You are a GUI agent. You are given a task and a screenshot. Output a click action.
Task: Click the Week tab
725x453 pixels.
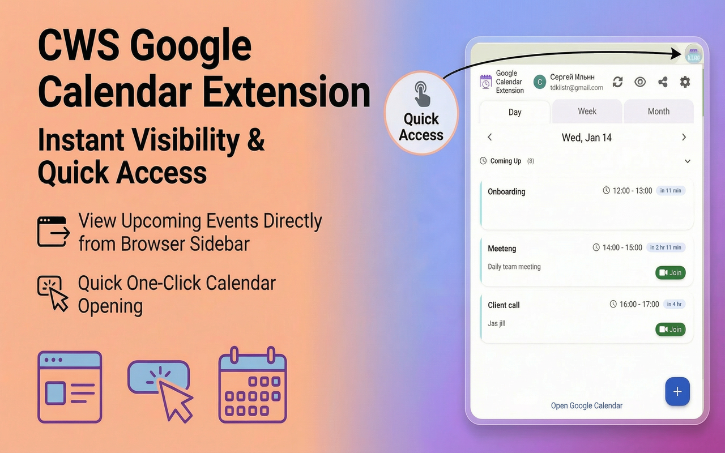(587, 112)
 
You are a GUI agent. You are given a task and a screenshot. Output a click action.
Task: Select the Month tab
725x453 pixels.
(658, 112)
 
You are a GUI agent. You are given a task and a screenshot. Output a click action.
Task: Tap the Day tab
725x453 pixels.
(514, 112)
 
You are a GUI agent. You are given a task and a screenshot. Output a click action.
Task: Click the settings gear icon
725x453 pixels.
(685, 82)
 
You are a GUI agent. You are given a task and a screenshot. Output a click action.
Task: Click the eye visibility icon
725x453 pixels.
(640, 82)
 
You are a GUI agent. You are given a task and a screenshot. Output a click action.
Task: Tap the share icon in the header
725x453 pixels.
(663, 82)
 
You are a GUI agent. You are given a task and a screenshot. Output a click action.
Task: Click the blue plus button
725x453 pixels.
(677, 391)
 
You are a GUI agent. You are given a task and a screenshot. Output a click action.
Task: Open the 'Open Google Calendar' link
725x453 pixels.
(586, 405)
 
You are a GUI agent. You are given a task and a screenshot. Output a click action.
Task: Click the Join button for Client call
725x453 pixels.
(671, 330)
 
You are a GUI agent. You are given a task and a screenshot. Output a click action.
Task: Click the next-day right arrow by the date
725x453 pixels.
(684, 137)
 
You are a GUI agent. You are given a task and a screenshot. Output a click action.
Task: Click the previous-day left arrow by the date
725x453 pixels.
(490, 137)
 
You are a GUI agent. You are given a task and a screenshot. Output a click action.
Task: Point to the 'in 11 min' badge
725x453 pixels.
(670, 191)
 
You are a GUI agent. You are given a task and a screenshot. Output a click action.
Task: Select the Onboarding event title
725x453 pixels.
(506, 191)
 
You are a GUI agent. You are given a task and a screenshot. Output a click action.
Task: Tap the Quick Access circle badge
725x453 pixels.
(421, 113)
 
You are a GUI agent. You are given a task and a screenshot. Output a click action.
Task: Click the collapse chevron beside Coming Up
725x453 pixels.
(688, 161)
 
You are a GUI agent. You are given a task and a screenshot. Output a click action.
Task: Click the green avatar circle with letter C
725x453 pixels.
(540, 82)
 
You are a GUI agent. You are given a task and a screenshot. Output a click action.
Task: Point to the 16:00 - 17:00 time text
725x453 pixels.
(639, 304)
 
